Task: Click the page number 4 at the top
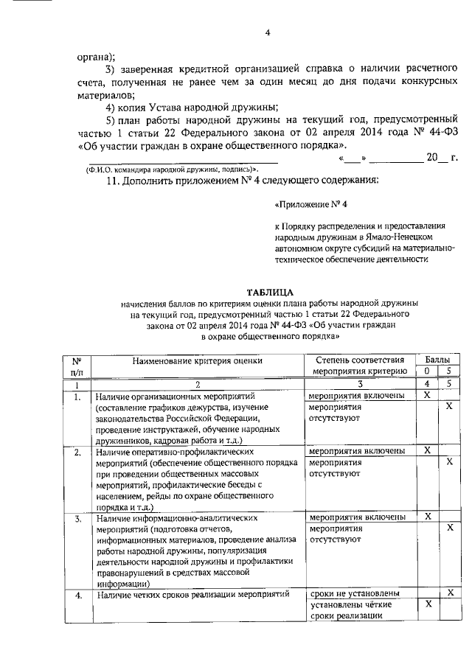(268, 32)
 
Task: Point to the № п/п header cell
(77, 363)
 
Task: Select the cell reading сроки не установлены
(355, 593)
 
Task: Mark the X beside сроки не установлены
(449, 593)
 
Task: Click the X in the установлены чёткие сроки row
(426, 604)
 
